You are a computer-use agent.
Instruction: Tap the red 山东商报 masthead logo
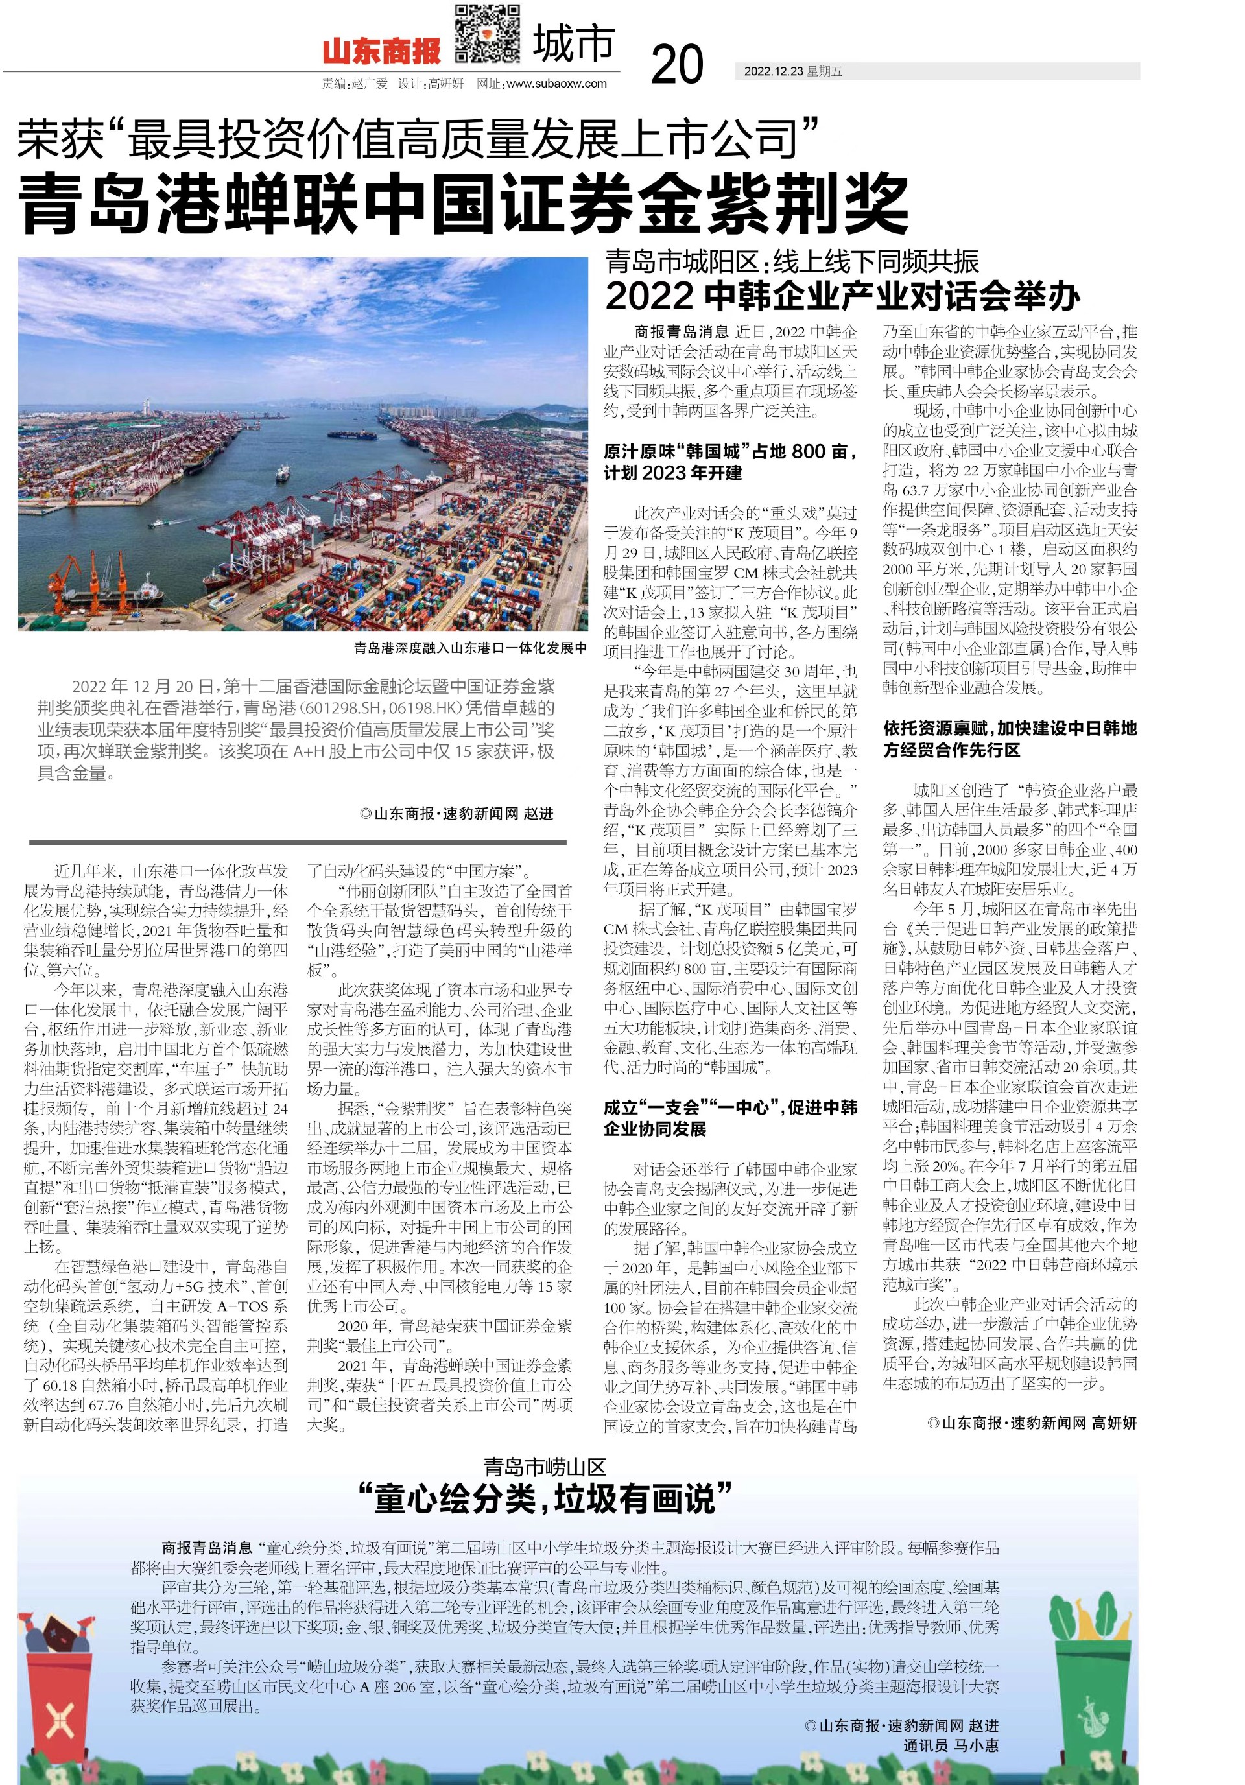click(381, 52)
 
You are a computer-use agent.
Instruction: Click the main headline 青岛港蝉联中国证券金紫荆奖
click(465, 204)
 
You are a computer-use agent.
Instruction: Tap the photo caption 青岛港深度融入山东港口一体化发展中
click(469, 648)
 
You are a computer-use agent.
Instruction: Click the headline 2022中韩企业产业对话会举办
click(843, 296)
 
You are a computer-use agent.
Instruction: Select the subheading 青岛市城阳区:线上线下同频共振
click(792, 261)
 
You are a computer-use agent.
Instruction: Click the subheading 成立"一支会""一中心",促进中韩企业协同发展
click(730, 1118)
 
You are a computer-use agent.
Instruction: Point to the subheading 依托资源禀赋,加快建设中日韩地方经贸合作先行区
click(1010, 739)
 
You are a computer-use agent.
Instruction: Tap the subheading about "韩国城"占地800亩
click(730, 462)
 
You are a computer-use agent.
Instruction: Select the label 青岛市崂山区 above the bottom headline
click(543, 1467)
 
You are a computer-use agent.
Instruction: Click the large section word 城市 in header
click(573, 44)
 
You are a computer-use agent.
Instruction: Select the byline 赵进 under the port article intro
click(456, 813)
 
